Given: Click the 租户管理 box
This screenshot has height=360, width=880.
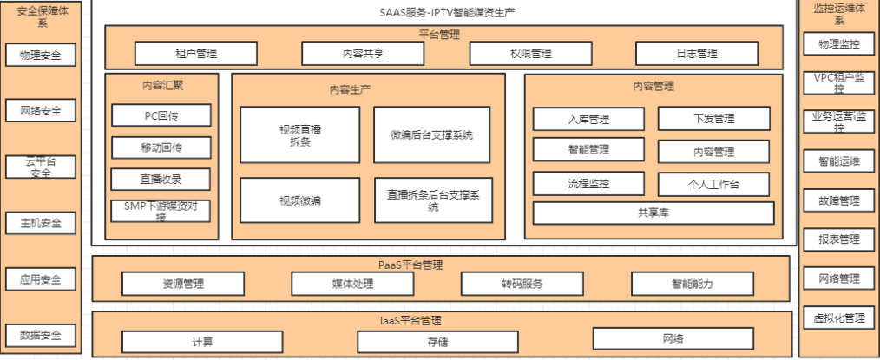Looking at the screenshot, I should pos(195,53).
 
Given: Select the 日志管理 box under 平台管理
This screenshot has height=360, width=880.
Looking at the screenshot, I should pos(696,53).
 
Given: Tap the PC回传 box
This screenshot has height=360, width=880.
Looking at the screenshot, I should pos(161,115).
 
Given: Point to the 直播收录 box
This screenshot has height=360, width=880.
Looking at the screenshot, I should pos(161,179).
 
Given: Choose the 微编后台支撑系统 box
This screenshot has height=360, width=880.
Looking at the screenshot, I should pos(431,134).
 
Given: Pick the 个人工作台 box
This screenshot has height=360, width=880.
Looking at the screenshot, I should pos(713,184).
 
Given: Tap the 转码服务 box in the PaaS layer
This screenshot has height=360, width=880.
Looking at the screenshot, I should pos(522,284).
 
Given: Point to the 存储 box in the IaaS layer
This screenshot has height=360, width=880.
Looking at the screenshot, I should pos(437,341).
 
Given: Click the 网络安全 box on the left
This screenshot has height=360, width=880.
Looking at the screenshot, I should pos(40,110).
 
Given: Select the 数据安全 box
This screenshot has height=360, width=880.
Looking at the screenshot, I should pos(40,335).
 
